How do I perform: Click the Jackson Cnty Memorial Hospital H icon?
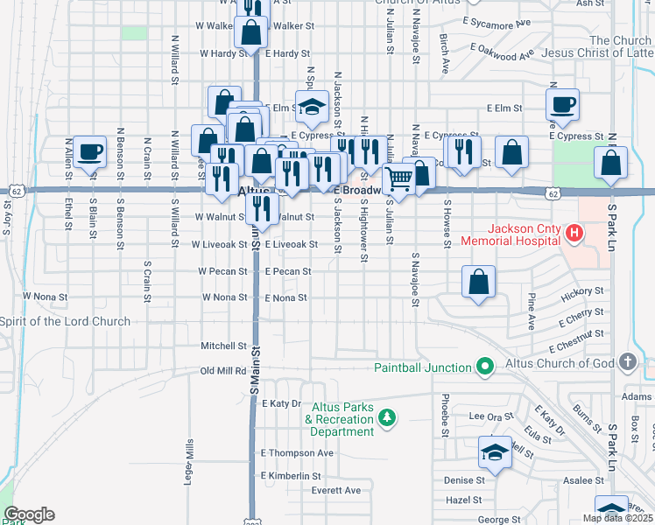click(574, 233)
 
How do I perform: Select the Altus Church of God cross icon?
click(626, 361)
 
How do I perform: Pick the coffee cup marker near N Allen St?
click(88, 152)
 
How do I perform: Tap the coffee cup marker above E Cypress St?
click(561, 105)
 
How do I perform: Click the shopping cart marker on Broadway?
click(399, 178)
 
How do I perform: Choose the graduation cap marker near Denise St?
click(495, 451)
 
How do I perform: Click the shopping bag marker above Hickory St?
click(478, 283)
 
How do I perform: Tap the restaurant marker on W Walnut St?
click(260, 208)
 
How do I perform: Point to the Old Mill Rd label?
click(223, 370)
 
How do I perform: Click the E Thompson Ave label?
click(297, 453)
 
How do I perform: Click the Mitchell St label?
click(223, 346)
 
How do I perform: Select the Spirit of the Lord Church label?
click(66, 321)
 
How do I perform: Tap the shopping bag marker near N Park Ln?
click(610, 163)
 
